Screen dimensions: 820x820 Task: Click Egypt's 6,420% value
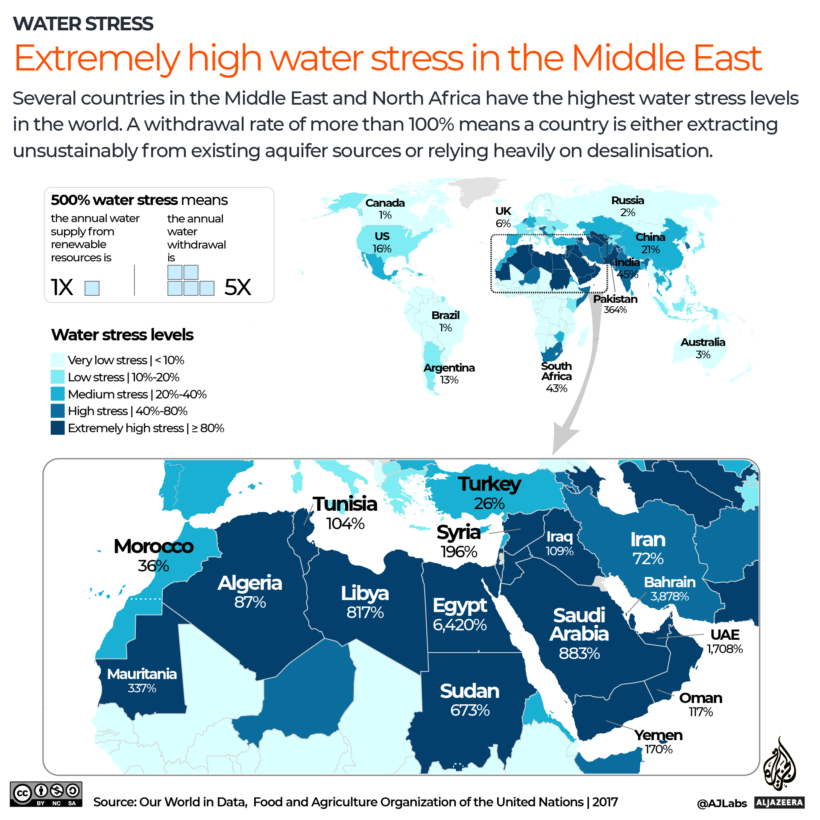(460, 625)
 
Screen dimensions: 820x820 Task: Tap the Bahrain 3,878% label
(669, 589)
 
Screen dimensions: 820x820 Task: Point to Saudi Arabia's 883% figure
(579, 653)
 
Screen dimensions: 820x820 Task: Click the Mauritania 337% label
(142, 680)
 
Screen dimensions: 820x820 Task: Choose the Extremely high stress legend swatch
(58, 428)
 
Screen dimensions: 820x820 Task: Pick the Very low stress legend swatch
(58, 360)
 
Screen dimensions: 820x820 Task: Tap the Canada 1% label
(385, 208)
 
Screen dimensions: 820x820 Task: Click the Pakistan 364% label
(615, 304)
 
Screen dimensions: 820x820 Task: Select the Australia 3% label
(703, 348)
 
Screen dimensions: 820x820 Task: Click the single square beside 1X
(92, 288)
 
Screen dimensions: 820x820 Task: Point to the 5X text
(237, 287)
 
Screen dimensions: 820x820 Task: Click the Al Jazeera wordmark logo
(779, 802)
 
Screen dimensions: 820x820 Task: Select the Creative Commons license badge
(46, 794)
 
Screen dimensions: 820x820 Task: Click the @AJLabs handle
(722, 803)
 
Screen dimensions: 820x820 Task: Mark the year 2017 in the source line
(605, 802)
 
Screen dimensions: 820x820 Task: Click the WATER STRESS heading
(83, 24)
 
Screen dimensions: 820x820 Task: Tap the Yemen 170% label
(658, 741)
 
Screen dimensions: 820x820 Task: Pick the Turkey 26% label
(489, 492)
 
